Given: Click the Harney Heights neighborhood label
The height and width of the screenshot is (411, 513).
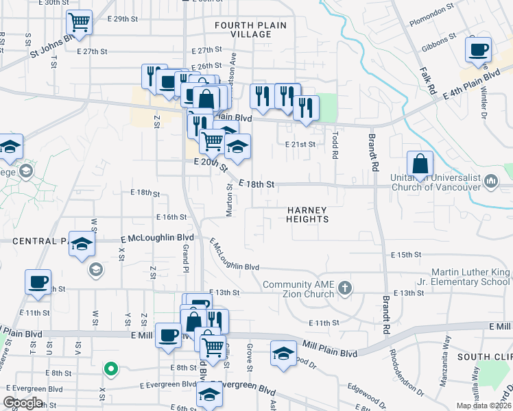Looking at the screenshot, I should [307, 214].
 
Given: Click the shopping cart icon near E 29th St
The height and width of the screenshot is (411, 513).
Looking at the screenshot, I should [80, 22].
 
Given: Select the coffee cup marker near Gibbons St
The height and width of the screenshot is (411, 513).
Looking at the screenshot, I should [478, 49].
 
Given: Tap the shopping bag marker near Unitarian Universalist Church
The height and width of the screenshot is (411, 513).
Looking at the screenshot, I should [420, 164].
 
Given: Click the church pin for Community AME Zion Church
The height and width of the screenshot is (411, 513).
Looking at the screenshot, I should [345, 289].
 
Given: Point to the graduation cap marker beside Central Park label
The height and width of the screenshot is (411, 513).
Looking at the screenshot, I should [82, 245].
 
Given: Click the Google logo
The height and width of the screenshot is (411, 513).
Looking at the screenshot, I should [23, 402].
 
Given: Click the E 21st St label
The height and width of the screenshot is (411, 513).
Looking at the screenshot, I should [300, 145].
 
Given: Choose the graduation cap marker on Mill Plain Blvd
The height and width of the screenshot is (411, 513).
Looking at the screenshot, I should [282, 353].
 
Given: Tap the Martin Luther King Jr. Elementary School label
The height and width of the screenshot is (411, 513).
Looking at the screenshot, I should [470, 277].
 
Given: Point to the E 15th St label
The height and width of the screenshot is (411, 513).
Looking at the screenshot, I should [405, 255].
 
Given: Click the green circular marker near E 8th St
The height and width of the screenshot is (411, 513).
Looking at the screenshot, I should [109, 370].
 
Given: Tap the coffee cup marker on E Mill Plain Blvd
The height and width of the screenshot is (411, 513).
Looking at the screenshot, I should [168, 335].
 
